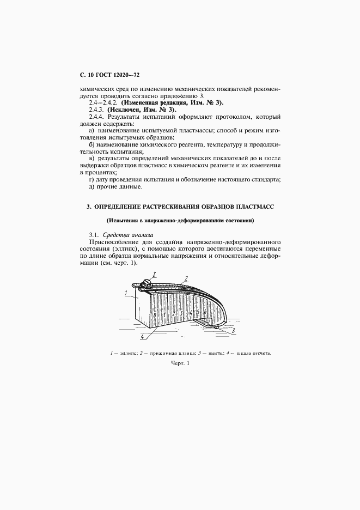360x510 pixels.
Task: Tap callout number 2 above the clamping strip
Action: pyautogui.click(x=187, y=278)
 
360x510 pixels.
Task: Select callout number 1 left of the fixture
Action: pyautogui.click(x=126, y=293)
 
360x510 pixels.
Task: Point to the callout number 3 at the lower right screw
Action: pyautogui.click(x=233, y=330)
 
